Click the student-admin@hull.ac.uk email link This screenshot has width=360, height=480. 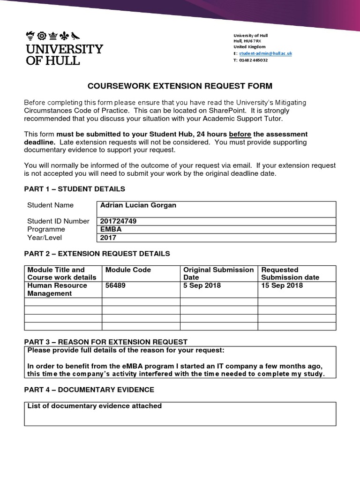265,53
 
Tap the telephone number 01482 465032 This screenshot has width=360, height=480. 254,60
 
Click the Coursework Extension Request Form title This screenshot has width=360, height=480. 180,86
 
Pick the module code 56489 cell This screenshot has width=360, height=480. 115,285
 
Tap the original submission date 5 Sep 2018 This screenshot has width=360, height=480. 202,285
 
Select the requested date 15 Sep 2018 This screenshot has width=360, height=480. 282,285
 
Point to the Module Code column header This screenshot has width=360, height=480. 128,270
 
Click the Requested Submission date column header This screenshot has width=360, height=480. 290,273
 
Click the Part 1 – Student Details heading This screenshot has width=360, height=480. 75,189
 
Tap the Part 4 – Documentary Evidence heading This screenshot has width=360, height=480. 89,390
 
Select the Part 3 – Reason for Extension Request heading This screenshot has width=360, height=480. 105,342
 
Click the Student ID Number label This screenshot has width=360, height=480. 58,221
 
